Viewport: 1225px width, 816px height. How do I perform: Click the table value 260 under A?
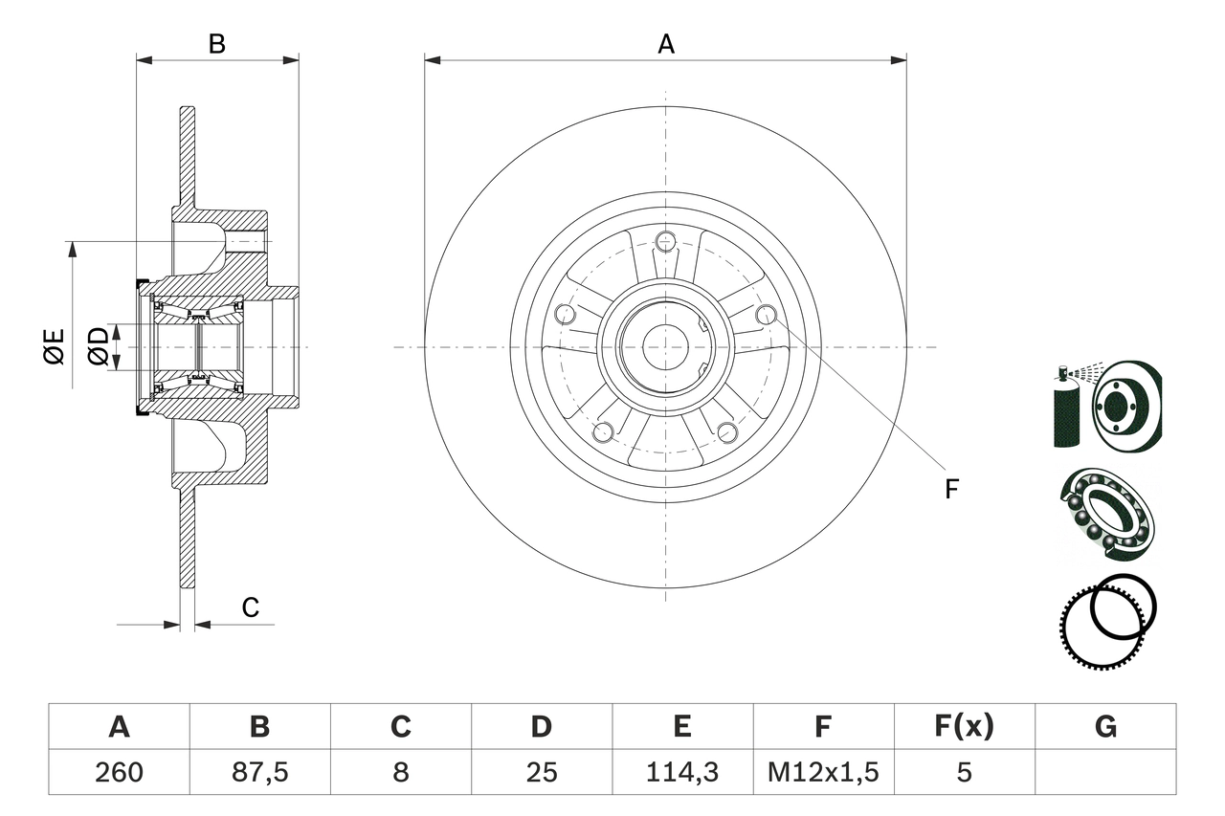click(119, 772)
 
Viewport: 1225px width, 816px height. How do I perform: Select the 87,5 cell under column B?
click(259, 772)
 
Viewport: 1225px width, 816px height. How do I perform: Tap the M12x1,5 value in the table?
click(823, 772)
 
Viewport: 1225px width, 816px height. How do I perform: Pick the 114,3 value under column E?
click(682, 772)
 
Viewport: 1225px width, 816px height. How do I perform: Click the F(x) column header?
click(964, 727)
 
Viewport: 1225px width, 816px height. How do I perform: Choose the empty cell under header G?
click(1105, 772)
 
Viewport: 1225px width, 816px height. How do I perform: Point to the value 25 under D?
click(542, 772)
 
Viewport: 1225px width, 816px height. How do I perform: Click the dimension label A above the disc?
click(666, 44)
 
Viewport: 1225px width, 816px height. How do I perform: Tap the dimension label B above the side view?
click(217, 44)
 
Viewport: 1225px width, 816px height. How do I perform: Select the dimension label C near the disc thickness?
click(250, 607)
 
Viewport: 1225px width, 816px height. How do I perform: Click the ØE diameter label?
click(54, 345)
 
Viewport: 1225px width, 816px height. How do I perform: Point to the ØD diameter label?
click(99, 345)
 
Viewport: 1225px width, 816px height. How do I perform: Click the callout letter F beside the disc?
click(950, 489)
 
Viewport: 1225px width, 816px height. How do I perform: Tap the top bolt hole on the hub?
click(666, 240)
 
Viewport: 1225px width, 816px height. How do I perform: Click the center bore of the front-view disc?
click(666, 346)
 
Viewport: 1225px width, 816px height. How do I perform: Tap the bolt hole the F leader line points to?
click(766, 314)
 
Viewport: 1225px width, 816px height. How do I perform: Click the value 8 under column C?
click(400, 772)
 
